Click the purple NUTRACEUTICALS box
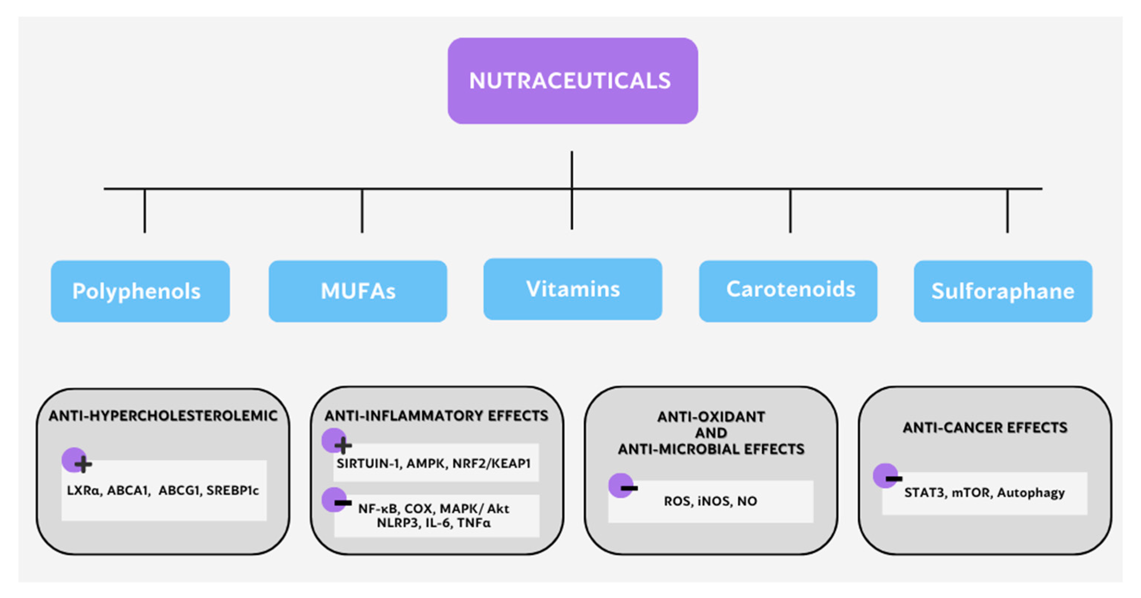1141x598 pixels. click(572, 80)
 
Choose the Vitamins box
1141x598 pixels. click(572, 289)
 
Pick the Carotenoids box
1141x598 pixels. click(787, 291)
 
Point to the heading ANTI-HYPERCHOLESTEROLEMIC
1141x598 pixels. click(163, 416)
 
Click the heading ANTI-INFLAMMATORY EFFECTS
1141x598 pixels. click(436, 416)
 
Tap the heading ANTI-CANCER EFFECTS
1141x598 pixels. click(985, 427)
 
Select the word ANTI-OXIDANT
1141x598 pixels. click(711, 416)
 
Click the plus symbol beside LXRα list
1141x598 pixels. click(83, 464)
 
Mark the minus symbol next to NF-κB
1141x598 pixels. click(343, 503)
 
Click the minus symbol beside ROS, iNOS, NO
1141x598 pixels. click(629, 488)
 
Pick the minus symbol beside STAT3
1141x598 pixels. click(894, 479)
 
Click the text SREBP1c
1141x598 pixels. click(232, 490)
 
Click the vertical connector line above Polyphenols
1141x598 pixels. click(145, 211)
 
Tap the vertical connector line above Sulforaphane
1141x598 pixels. click(1007, 211)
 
